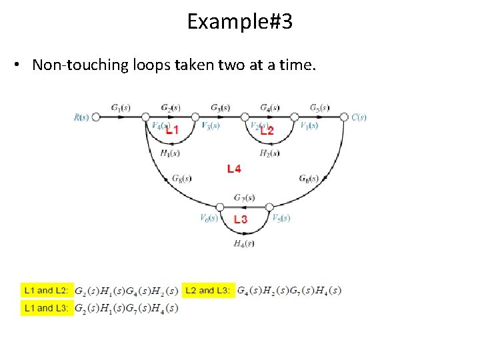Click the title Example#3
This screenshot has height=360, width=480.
point(239,22)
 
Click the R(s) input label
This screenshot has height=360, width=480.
point(81,117)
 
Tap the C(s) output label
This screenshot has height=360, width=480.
point(359,117)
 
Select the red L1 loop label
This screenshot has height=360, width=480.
point(172,131)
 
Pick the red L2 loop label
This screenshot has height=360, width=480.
point(267,131)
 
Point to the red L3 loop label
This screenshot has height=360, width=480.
point(241,219)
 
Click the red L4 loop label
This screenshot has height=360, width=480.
point(234,169)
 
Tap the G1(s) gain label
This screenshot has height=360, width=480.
point(121,107)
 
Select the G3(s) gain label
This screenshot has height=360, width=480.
point(221,107)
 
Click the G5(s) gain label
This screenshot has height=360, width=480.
point(319,107)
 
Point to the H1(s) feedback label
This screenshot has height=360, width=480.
point(170,153)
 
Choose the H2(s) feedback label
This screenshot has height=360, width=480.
point(269,153)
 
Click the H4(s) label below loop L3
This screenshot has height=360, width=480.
point(244,243)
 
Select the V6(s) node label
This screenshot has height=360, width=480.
point(209,218)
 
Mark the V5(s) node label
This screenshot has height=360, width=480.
point(281,218)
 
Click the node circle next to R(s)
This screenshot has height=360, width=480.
point(96,117)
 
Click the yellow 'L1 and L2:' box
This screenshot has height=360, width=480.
point(46,291)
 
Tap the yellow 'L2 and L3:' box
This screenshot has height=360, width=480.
point(208,291)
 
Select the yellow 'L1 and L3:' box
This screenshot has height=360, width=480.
point(46,308)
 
